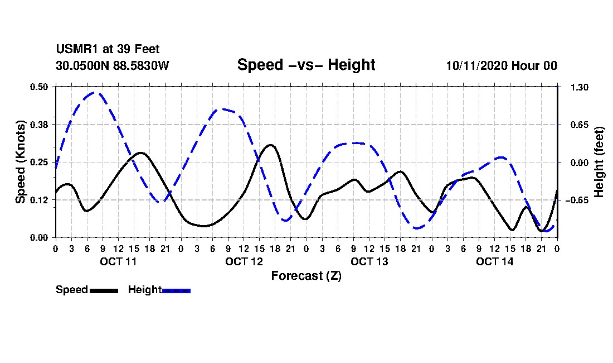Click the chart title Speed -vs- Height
[x=306, y=65]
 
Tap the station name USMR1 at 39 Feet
[x=108, y=50]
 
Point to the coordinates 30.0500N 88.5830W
[x=112, y=65]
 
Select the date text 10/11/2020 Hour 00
[x=502, y=65]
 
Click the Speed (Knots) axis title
[x=21, y=162]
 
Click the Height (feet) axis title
[x=600, y=162]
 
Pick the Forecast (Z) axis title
[x=306, y=275]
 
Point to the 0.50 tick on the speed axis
[x=40, y=87]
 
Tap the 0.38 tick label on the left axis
[x=40, y=124]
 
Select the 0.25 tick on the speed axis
[x=40, y=162]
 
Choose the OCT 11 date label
[x=118, y=261]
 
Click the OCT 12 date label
[x=244, y=261]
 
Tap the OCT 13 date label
[x=369, y=261]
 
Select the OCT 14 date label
[x=494, y=261]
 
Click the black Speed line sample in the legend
[x=104, y=290]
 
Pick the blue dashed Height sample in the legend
[x=176, y=290]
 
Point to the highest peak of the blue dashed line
[x=96, y=93]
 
